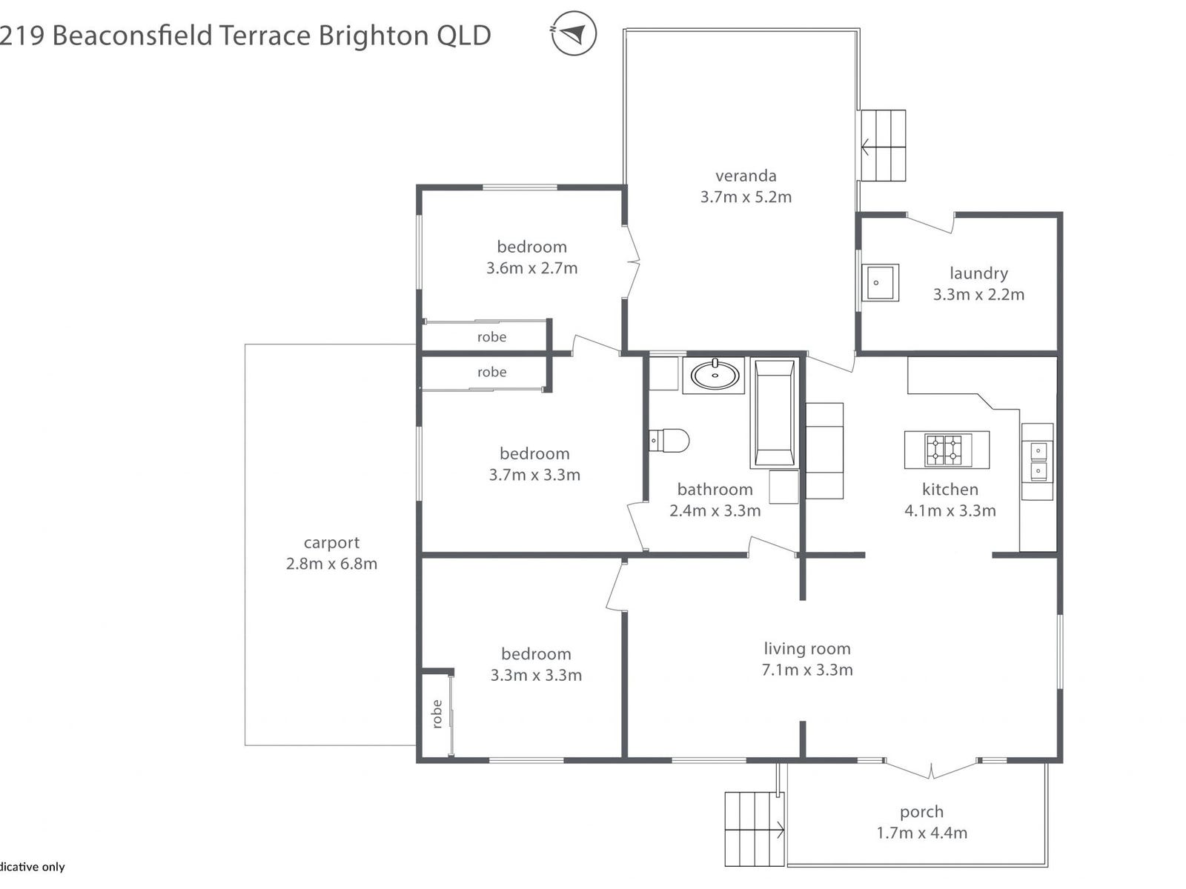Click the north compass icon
tap(574, 33)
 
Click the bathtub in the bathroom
tap(775, 413)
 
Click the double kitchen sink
tap(1038, 461)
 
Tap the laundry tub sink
tap(880, 282)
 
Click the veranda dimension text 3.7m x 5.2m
tap(746, 197)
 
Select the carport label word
tap(331, 542)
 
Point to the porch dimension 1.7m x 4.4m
tap(921, 833)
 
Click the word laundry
tap(978, 273)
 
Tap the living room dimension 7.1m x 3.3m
tap(807, 670)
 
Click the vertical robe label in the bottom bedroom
tap(437, 713)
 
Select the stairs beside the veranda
tap(884, 145)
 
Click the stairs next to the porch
tap(754, 829)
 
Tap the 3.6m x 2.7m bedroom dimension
tap(531, 268)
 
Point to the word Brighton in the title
tap(373, 36)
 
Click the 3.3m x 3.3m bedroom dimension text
tap(536, 676)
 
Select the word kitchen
tap(950, 489)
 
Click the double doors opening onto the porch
tap(931, 769)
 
